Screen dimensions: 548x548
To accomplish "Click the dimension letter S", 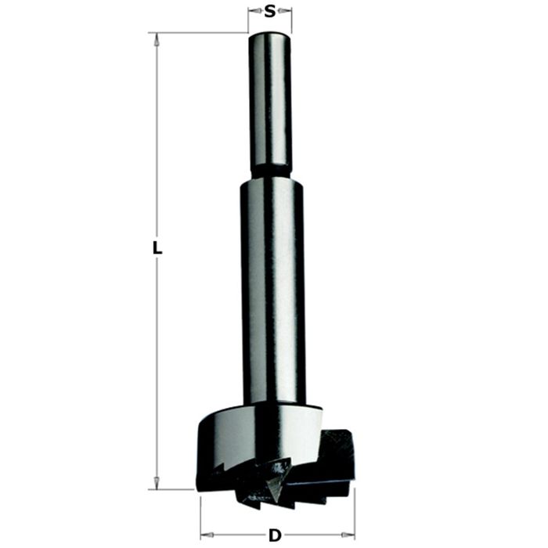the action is [270, 12].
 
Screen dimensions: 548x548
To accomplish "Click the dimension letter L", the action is [157, 248].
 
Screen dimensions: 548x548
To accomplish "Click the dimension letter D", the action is [275, 535].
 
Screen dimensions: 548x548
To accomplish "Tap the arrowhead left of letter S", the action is [254, 10].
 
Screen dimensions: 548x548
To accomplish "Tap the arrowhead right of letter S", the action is [286, 10].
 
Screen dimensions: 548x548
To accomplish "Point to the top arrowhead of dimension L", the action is [157, 39].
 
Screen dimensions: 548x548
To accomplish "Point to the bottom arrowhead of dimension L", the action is [157, 483].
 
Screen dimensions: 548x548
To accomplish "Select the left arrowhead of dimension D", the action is [207, 535].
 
